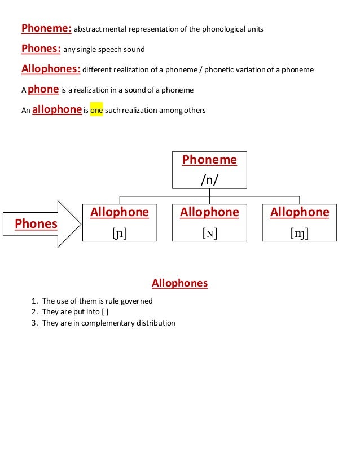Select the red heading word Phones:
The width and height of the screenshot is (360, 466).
41,49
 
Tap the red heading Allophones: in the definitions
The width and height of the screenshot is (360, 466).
51,69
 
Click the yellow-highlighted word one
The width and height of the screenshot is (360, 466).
96,111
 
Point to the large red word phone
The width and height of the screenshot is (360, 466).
43,89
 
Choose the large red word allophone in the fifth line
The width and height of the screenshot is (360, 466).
57,109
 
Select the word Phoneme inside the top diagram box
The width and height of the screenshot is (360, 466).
209,160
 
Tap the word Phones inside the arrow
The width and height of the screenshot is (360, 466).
36,224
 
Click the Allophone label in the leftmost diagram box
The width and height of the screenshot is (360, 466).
120,212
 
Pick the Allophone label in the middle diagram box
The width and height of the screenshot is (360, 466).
209,212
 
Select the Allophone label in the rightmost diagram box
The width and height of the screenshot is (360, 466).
300,212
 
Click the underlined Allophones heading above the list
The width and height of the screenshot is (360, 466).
180,283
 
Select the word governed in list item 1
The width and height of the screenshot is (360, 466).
136,301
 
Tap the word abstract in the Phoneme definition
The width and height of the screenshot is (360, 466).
88,29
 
